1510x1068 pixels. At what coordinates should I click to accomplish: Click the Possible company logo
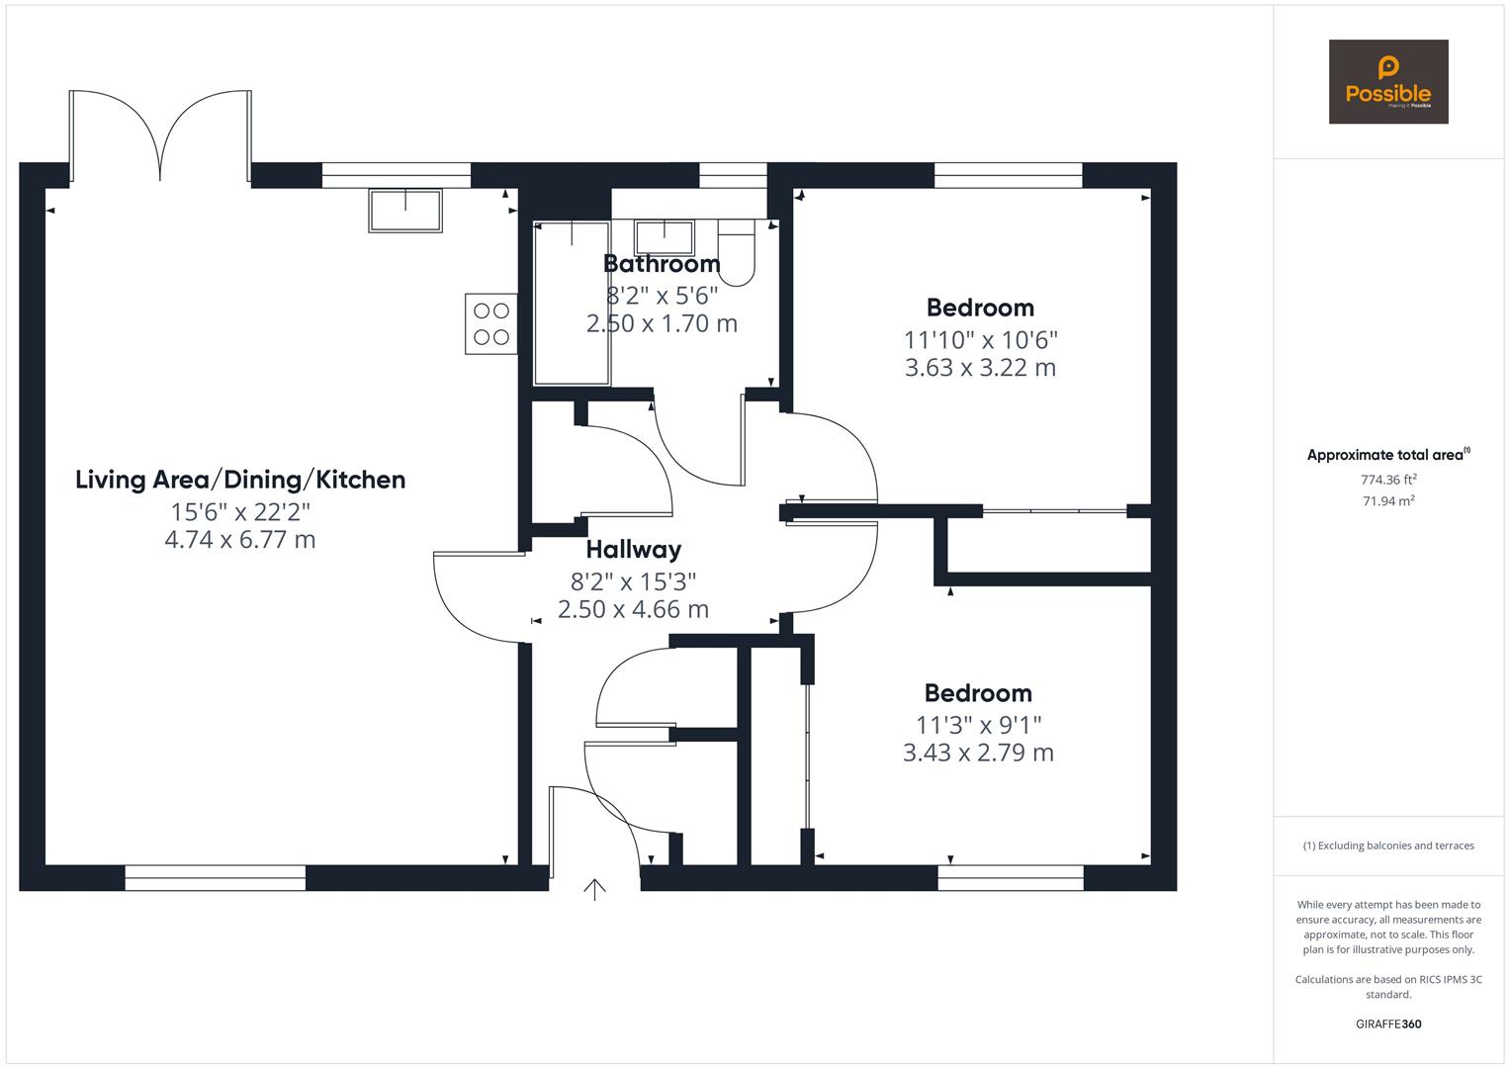pos(1387,81)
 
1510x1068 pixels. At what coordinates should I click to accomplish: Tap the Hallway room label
pos(633,550)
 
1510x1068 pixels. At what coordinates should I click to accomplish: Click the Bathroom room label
pos(662,264)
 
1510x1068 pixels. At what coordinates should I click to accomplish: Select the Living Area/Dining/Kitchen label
pos(240,480)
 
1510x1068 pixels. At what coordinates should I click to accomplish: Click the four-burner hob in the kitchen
pos(490,323)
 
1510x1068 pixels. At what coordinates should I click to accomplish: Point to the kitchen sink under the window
pos(405,211)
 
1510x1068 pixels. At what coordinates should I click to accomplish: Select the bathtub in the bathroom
pos(572,304)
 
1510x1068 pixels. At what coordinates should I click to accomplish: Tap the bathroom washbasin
pos(664,237)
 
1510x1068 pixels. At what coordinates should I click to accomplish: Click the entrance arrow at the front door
pos(594,889)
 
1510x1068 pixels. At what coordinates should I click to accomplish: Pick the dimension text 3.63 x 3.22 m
pos(980,368)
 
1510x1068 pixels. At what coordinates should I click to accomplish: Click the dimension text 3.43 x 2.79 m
pos(978,753)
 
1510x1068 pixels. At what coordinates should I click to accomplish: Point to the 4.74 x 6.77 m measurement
pos(240,540)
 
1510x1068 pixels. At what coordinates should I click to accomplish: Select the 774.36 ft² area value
pos(1387,480)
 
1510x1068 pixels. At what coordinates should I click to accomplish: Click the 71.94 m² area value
pos(1387,500)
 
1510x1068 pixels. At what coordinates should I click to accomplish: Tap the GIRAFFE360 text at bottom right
pos(1387,1023)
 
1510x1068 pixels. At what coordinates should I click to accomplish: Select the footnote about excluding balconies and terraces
pos(1387,845)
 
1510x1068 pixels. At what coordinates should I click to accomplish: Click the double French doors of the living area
pos(160,138)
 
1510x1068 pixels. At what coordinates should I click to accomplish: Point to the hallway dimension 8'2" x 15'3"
pos(633,581)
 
